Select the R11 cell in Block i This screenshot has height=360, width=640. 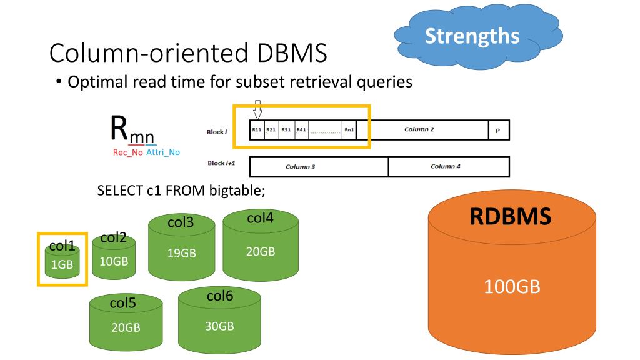click(x=256, y=130)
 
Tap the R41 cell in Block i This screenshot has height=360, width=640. click(x=301, y=130)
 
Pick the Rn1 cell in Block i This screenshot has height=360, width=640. click(x=349, y=130)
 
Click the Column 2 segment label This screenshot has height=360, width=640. click(x=419, y=129)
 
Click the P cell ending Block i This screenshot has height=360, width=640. click(x=499, y=130)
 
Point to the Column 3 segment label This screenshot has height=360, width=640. click(x=300, y=167)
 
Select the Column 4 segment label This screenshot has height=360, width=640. click(x=446, y=166)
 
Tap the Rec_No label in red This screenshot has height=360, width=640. click(x=127, y=152)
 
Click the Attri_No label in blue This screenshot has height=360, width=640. click(x=162, y=152)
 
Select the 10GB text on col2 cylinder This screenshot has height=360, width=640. click(x=114, y=261)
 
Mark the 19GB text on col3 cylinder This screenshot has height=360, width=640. click(x=181, y=253)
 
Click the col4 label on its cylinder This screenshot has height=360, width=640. click(x=260, y=218)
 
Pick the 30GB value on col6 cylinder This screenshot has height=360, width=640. click(x=219, y=326)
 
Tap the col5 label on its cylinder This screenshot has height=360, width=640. click(x=122, y=303)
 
